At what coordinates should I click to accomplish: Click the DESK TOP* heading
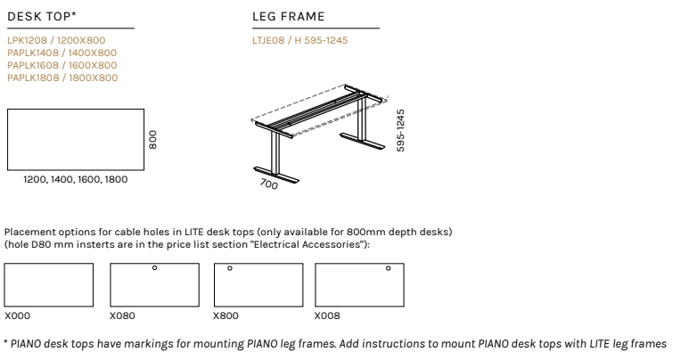[x=41, y=16]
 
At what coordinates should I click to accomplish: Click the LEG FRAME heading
[x=289, y=16]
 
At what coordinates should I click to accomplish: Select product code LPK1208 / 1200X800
[x=55, y=40]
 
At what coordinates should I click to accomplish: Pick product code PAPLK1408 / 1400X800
[x=62, y=53]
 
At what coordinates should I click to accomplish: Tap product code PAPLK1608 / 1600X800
[x=62, y=65]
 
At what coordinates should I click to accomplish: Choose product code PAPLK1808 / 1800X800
[x=62, y=78]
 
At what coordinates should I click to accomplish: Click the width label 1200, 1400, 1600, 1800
[x=76, y=179]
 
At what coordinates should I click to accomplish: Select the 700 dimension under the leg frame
[x=268, y=184]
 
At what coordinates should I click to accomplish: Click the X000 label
[x=18, y=315]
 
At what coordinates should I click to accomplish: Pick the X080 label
[x=123, y=315]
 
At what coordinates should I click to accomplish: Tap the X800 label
[x=226, y=315]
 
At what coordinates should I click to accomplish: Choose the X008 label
[x=328, y=315]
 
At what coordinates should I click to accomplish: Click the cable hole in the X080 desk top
[x=154, y=267]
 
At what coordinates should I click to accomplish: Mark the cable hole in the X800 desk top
[x=230, y=267]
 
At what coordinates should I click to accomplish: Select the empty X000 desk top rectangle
[x=48, y=285]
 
